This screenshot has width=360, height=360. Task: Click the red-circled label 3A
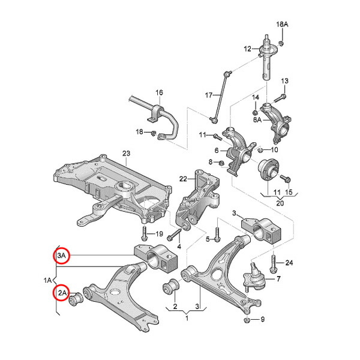(62, 256)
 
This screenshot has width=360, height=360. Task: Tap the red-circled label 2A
(62, 293)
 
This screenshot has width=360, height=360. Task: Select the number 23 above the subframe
(126, 154)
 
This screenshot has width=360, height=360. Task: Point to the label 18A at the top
(282, 24)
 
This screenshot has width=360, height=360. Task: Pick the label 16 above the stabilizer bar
(159, 92)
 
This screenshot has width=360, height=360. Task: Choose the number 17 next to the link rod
(209, 95)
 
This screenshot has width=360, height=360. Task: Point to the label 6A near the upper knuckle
(257, 120)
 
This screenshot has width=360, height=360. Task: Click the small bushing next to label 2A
(77, 299)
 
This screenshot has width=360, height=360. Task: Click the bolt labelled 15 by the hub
(286, 178)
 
